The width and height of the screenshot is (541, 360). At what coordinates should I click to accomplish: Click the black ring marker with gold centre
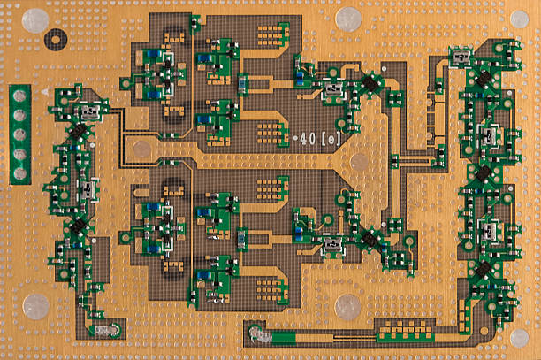pos(55,39)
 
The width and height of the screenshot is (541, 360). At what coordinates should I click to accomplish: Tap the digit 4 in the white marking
pos(303,139)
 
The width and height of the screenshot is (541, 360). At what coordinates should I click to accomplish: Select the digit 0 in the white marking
pos(312,139)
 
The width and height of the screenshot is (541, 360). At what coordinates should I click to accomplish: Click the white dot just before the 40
pos(295,138)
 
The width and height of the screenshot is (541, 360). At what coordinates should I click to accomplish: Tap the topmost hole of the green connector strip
pos(19,96)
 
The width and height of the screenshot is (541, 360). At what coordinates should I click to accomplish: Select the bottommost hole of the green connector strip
pos(19,173)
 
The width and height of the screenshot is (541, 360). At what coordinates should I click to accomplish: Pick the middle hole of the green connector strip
pos(19,134)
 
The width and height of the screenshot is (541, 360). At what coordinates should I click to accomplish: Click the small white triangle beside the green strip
pos(44,92)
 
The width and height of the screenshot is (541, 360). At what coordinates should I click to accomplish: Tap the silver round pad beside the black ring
pos(35,20)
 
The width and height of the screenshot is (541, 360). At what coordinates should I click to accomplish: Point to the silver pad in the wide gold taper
pos(359,163)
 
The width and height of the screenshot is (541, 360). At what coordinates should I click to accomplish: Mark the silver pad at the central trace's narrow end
pos(141,149)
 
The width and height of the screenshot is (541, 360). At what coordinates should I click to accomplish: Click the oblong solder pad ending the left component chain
pos(105,331)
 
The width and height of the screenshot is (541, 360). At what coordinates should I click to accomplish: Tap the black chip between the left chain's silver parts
pos(79,131)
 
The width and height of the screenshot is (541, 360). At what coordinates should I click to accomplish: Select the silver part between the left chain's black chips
pos(88,189)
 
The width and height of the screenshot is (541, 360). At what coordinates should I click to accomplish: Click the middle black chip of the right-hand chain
pos(484,174)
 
